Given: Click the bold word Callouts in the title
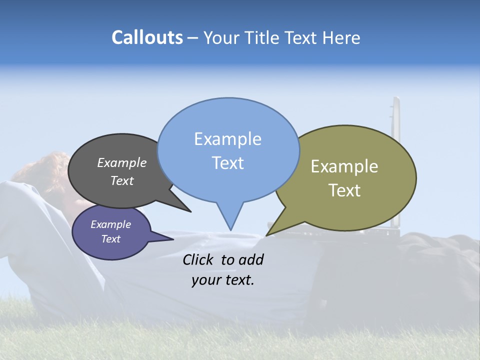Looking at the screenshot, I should click(x=147, y=37).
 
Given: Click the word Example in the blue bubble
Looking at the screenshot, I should click(x=228, y=139).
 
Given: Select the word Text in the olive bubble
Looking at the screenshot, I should click(x=344, y=190).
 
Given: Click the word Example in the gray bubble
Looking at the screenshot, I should click(x=121, y=162).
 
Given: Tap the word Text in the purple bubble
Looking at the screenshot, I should click(x=111, y=239).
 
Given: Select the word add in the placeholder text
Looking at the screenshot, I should click(x=250, y=259).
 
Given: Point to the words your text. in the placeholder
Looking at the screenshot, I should click(x=222, y=280).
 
